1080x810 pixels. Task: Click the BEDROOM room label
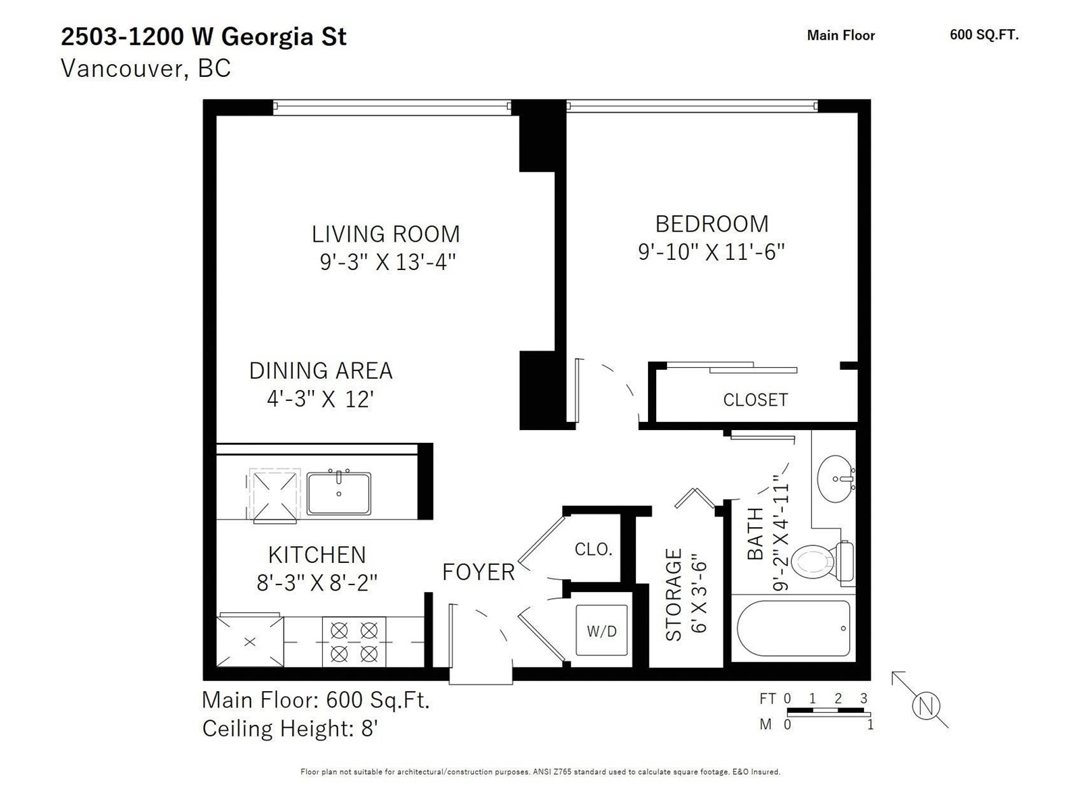[x=711, y=224]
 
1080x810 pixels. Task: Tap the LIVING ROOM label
[x=385, y=234]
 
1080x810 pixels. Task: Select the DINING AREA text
[x=321, y=371]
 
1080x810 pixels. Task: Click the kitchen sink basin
[x=339, y=493]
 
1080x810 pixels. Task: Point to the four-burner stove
[x=354, y=642]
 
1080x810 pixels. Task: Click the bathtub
[x=793, y=628]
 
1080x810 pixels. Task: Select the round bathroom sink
[x=836, y=479]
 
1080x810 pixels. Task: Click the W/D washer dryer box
[x=601, y=630]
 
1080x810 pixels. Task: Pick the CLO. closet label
[x=593, y=549]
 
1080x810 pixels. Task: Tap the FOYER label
[x=479, y=572]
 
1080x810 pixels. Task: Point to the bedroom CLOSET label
[x=755, y=400]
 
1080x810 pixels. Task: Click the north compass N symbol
[x=926, y=706]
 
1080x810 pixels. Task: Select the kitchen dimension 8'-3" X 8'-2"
[x=317, y=583]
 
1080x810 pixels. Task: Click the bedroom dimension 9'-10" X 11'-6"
[x=711, y=252]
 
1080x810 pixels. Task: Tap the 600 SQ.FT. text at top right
[x=984, y=35]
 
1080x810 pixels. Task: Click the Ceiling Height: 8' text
[x=290, y=728]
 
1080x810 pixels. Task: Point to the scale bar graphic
[x=829, y=711]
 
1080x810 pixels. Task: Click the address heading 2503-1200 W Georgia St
[x=204, y=37]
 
